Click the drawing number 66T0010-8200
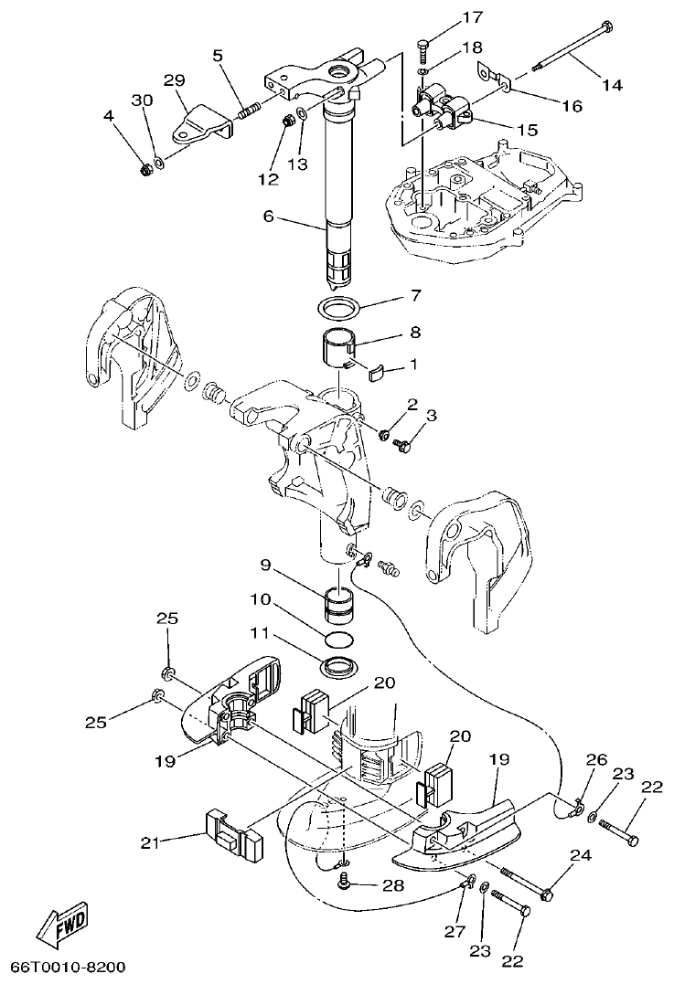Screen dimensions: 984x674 click(69, 967)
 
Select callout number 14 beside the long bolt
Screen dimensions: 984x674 click(612, 85)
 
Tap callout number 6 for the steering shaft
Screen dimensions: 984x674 click(268, 217)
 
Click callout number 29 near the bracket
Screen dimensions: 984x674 click(174, 81)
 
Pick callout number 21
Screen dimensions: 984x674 click(151, 843)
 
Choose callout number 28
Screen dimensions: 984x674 click(393, 884)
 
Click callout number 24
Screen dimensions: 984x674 click(580, 856)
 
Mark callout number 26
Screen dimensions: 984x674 click(596, 759)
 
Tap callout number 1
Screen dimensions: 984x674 click(412, 364)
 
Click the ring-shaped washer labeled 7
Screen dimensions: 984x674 click(339, 303)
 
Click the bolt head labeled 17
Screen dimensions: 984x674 click(422, 44)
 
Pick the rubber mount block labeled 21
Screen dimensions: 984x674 click(233, 835)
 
